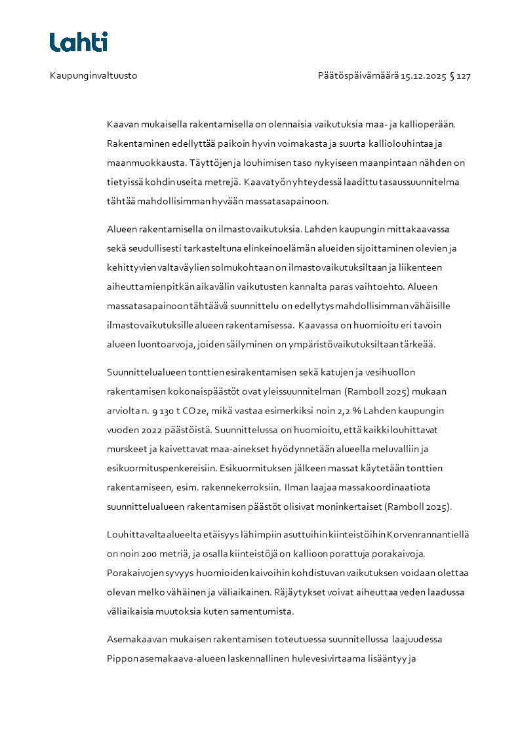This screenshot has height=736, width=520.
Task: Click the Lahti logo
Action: coord(79,42)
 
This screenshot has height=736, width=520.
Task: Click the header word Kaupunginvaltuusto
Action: coord(93,76)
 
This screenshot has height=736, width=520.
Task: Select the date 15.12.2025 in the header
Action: coord(424,76)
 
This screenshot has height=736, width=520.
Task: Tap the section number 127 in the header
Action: coord(464,76)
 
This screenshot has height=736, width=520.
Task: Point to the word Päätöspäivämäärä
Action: coord(358,76)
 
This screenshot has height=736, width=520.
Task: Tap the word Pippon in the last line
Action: coord(121,659)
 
